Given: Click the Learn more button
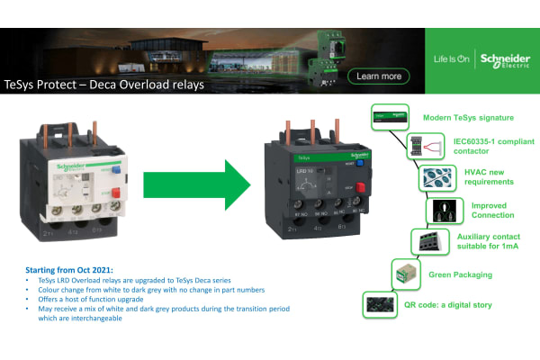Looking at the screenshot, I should pos(379,76).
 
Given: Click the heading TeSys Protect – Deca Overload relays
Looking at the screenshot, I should pos(104,85).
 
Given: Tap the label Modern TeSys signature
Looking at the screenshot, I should pos(468,118).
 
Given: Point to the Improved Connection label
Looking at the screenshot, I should pos(493,210).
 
